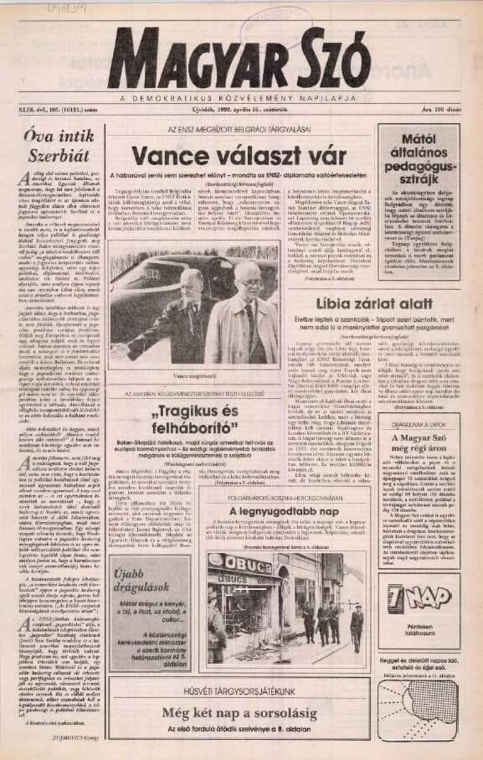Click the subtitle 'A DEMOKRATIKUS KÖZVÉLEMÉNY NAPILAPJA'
(241, 96)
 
